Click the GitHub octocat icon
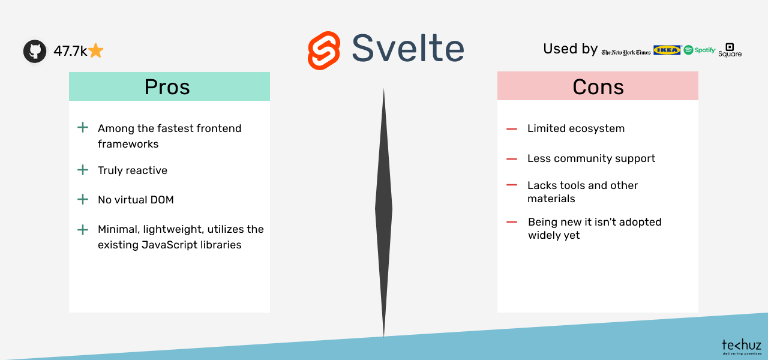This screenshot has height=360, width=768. point(35,51)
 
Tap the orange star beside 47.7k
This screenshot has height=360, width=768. point(95,51)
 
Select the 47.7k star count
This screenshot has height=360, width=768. point(70,51)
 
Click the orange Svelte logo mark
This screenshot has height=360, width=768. point(324,50)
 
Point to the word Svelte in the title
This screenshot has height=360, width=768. point(408,49)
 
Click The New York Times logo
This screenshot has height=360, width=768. point(626,52)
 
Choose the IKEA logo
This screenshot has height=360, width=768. point(667,50)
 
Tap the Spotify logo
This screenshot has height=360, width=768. point(700,50)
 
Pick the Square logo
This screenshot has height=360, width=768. point(730,50)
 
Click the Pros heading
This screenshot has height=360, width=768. point(167,87)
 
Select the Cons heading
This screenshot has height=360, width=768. point(598,87)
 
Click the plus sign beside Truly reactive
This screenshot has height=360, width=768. point(83,170)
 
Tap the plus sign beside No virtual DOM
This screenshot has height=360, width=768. point(83,200)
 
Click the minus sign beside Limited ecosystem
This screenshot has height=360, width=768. point(512,129)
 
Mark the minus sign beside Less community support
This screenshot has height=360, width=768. point(512,159)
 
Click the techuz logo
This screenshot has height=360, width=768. point(742,347)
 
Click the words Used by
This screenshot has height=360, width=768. point(570,49)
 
